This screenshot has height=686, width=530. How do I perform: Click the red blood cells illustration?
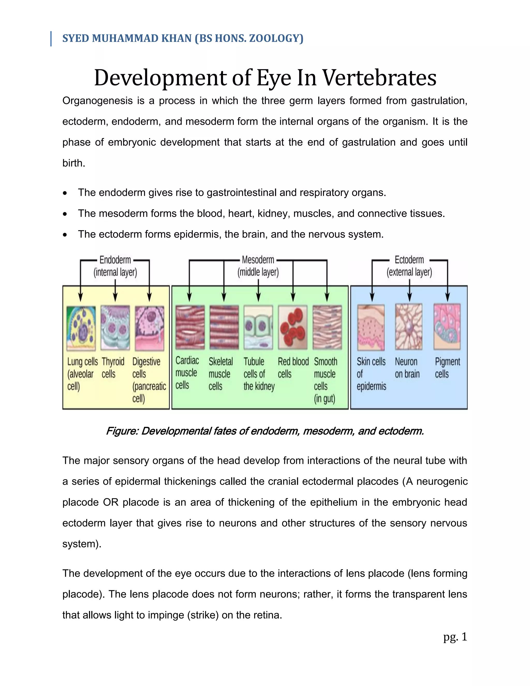293,327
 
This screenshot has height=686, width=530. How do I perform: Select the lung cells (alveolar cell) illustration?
81,328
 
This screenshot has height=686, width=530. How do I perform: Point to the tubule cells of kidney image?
258,327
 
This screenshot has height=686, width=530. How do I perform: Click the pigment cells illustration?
447,327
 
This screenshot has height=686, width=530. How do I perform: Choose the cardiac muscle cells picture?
190,327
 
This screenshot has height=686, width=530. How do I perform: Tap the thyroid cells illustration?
115,328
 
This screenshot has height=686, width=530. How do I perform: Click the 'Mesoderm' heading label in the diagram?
258,260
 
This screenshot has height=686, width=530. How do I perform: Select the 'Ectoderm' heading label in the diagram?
409,260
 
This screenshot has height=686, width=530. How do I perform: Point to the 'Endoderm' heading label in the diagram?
115,260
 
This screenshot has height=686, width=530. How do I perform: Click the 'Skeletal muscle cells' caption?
220,374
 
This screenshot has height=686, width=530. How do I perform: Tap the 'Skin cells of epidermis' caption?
371,374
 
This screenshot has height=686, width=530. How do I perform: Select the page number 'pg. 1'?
455,637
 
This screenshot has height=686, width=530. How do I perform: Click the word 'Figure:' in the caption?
122,431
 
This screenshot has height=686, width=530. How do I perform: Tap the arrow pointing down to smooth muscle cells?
327,295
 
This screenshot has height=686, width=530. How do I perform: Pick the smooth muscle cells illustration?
327,327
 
